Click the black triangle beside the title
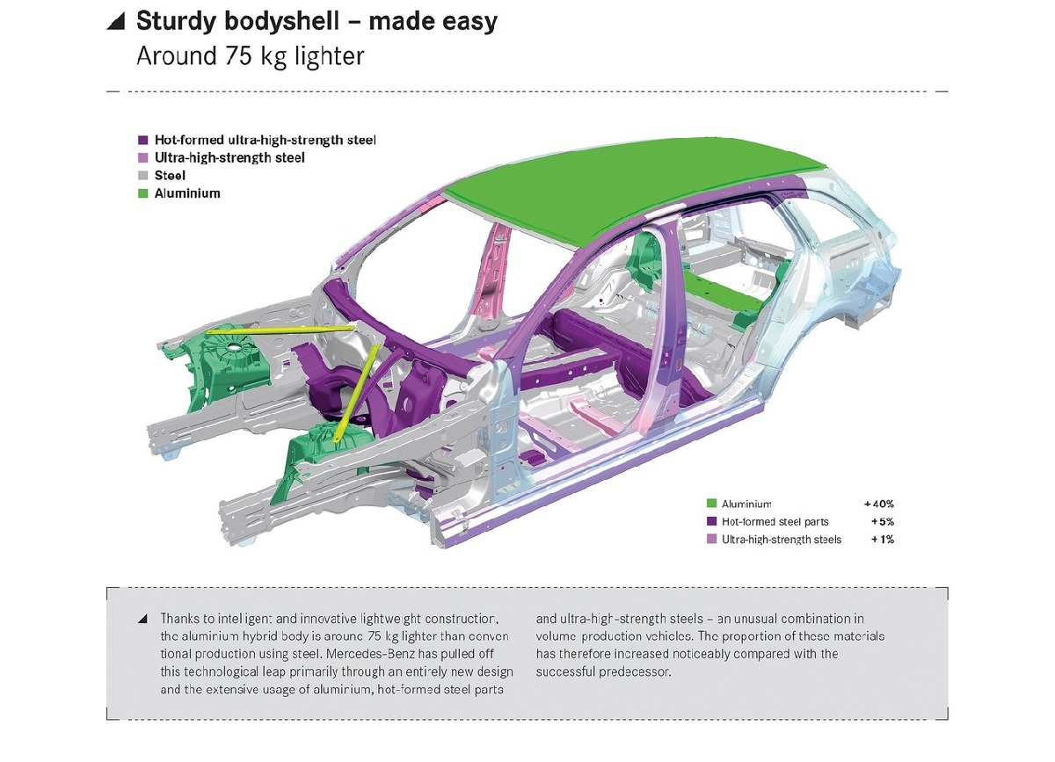[x=115, y=22]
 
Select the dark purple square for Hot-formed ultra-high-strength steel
[x=142, y=140]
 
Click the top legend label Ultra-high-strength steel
[x=229, y=157]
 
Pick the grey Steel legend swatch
[x=142, y=176]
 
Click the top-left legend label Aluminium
[x=187, y=193]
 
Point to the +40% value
[x=878, y=504]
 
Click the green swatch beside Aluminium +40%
[x=711, y=504]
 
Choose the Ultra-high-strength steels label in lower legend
[x=781, y=539]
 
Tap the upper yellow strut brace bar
[x=281, y=330]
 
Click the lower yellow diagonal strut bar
[x=359, y=387]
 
